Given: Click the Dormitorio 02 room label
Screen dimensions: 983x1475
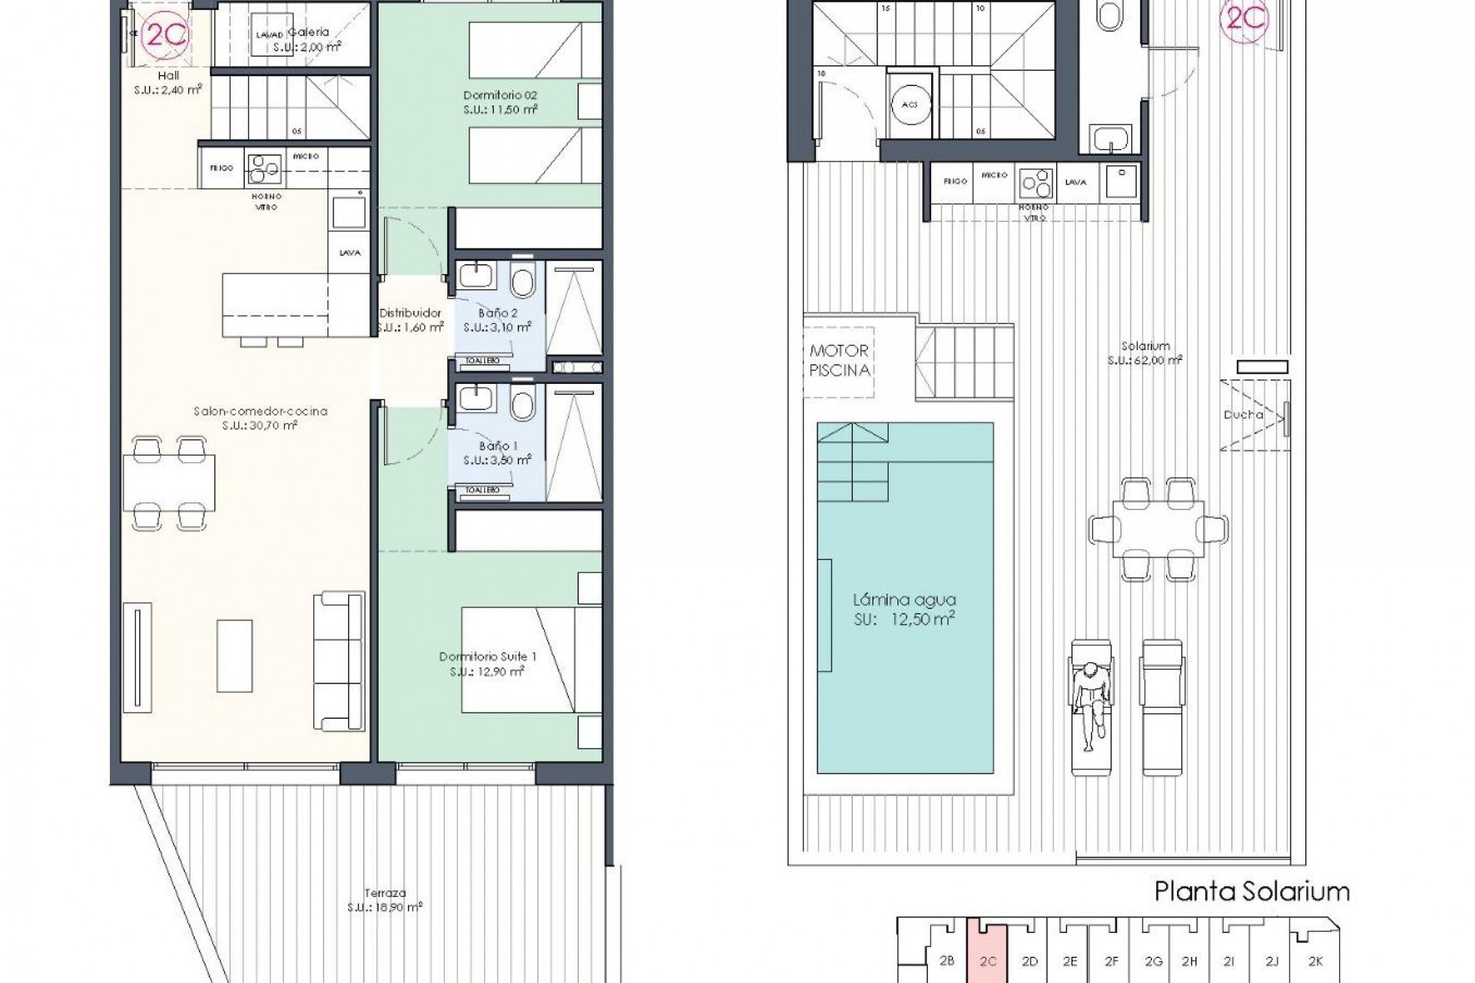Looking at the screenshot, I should [x=500, y=102].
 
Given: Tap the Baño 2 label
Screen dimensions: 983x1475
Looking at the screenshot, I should [x=497, y=320].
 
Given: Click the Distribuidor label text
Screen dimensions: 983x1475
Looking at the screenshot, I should [x=410, y=319].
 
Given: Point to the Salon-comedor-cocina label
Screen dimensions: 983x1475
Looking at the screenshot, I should [x=260, y=418].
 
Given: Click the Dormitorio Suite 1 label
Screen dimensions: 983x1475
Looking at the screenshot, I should [x=487, y=664].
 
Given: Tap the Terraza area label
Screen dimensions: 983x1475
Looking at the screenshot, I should [x=385, y=899].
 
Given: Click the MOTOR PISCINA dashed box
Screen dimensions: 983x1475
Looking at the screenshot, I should [x=839, y=361].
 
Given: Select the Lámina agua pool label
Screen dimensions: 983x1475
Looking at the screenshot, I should [x=904, y=609].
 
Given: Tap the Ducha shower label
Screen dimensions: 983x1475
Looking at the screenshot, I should [x=1243, y=415].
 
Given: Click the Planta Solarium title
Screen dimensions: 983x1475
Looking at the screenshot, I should [x=1252, y=892].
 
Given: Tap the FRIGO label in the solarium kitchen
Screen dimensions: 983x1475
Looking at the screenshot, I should [x=954, y=181].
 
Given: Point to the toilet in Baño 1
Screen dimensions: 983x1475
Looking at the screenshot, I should [x=522, y=404].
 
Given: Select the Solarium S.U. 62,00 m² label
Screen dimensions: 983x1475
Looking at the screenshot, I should [x=1144, y=352].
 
